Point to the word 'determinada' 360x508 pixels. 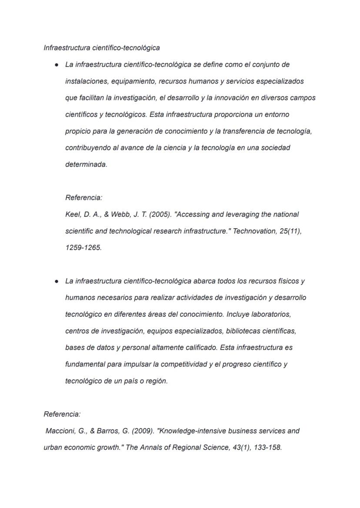tap(86, 165)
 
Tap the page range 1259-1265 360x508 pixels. tap(83, 248)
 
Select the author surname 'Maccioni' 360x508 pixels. tap(60, 431)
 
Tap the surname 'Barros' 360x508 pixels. tap(107, 431)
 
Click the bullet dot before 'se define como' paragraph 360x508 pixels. tap(57, 65)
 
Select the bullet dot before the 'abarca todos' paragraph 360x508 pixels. tap(57, 281)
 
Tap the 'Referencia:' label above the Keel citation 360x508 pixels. tap(83, 198)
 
